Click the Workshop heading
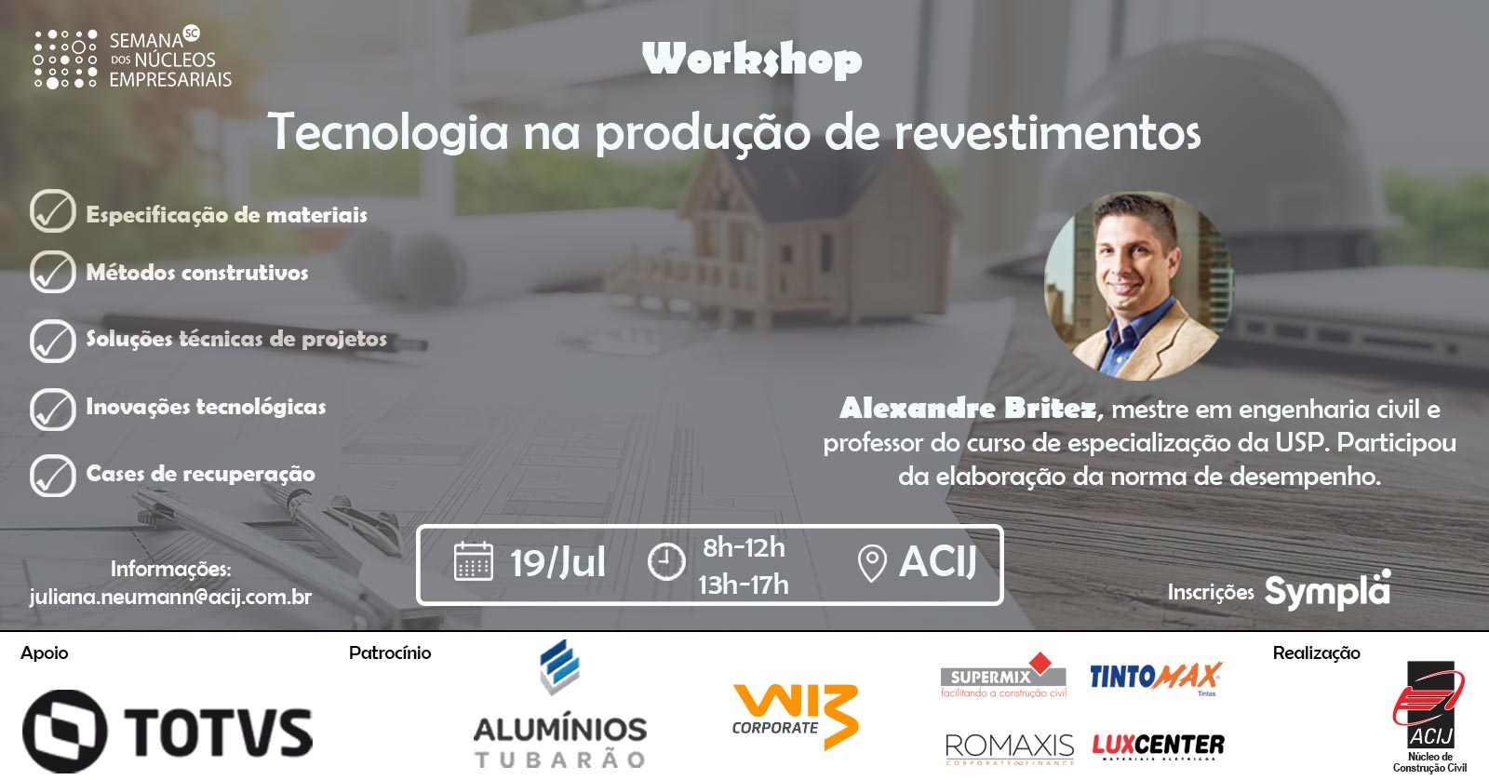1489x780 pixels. click(x=752, y=60)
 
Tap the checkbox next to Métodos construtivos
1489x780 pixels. click(x=52, y=272)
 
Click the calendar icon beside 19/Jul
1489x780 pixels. click(x=474, y=562)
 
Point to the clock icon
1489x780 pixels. click(x=666, y=562)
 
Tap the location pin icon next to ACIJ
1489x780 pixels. click(x=872, y=563)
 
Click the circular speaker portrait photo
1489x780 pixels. click(x=1139, y=286)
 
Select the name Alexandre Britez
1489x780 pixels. click(x=967, y=409)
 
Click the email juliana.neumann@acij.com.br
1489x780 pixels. click(x=171, y=597)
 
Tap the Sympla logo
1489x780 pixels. click(x=1327, y=590)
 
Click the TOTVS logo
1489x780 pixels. click(x=167, y=731)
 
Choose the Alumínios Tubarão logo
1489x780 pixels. click(x=559, y=705)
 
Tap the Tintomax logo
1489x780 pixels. click(x=1155, y=678)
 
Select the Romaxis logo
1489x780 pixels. click(x=1010, y=748)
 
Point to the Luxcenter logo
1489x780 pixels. click(x=1158, y=746)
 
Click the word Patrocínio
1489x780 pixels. click(x=390, y=653)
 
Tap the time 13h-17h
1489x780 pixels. click(x=744, y=585)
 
